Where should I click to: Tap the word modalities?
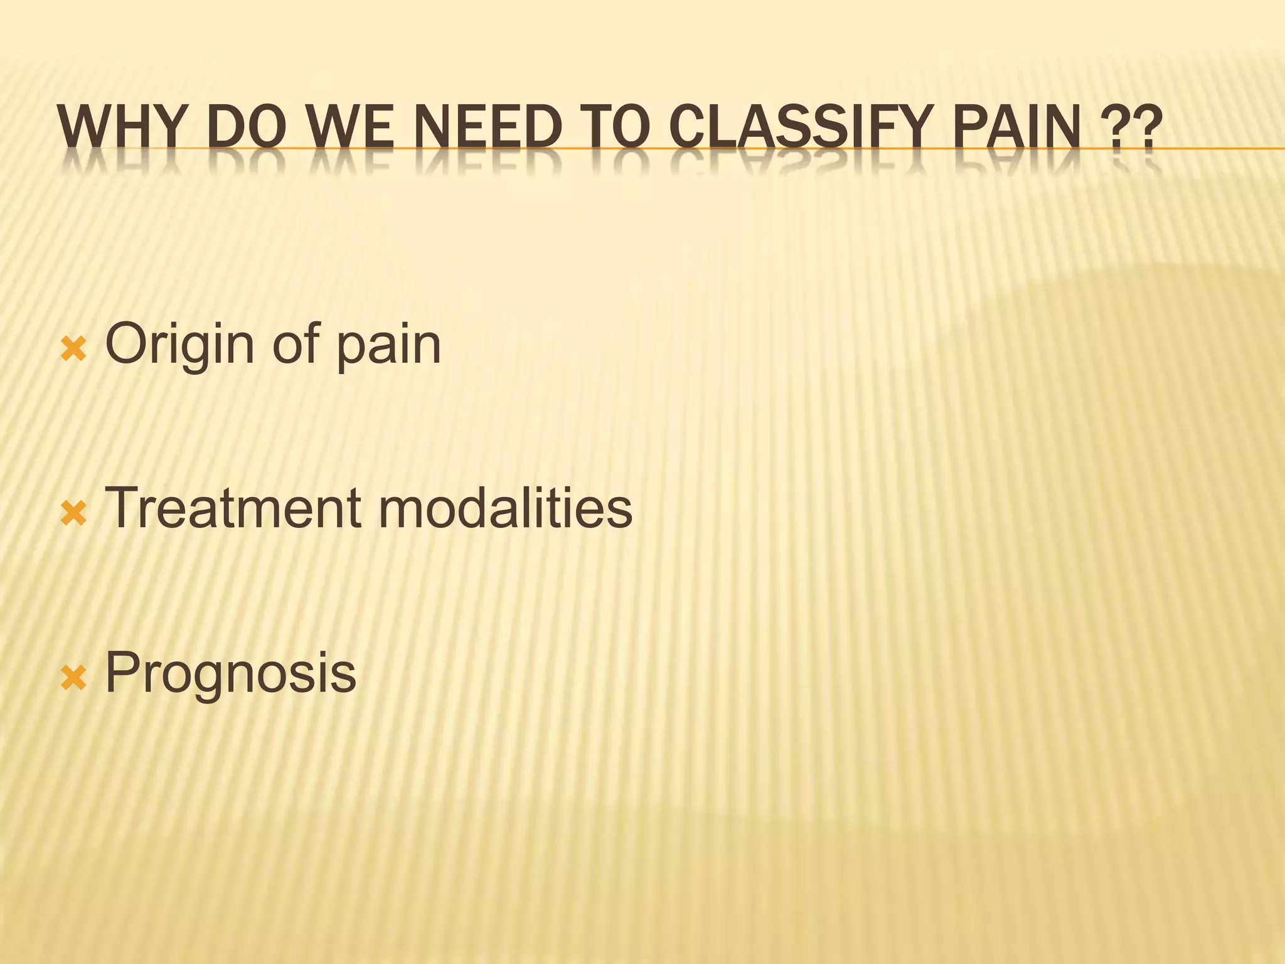tap(505, 508)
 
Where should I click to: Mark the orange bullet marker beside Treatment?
tap(73, 514)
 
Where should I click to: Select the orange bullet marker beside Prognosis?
tap(73, 678)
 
